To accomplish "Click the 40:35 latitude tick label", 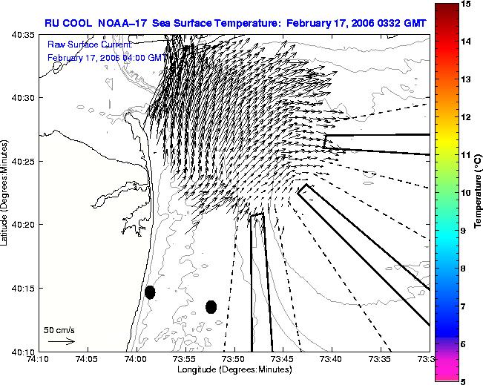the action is [24, 35].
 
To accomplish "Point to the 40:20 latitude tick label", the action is [24, 225].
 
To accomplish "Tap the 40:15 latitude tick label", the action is [24, 288].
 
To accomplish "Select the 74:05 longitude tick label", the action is [88, 359].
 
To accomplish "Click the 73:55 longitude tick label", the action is [185, 359].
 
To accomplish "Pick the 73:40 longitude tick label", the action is [332, 359].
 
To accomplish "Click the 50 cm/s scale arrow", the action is [62, 341].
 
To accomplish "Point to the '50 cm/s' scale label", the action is [59, 330].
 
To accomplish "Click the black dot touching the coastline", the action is [150, 292].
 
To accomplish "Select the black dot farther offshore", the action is [211, 307].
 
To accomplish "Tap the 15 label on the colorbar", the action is [465, 4].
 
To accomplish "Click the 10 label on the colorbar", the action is [465, 193].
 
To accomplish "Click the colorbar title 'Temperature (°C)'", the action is [478, 192].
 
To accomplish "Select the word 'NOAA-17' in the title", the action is [122, 23].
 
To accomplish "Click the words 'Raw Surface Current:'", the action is [90, 45].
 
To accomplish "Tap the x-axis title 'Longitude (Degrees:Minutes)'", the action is [234, 369].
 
